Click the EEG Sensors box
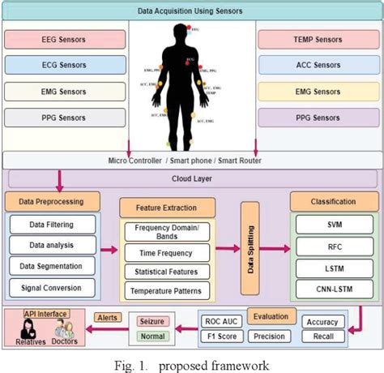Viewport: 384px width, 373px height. point(66,39)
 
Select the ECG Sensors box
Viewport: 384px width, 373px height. point(66,65)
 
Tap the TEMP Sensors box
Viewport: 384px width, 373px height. point(315,39)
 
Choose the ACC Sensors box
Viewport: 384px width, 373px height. point(315,65)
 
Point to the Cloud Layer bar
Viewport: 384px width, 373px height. point(192,178)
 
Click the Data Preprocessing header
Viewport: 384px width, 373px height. point(53,200)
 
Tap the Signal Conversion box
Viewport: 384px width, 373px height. point(53,286)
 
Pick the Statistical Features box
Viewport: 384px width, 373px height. point(167,271)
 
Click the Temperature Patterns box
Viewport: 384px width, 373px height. point(167,290)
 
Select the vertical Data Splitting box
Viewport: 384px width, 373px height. point(250,248)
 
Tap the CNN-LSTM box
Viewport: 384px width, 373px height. point(334,288)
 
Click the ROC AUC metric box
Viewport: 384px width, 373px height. point(222,321)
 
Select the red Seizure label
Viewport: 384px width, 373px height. point(154,322)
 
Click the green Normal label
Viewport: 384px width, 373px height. point(154,337)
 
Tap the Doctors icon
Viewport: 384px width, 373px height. point(66,332)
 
